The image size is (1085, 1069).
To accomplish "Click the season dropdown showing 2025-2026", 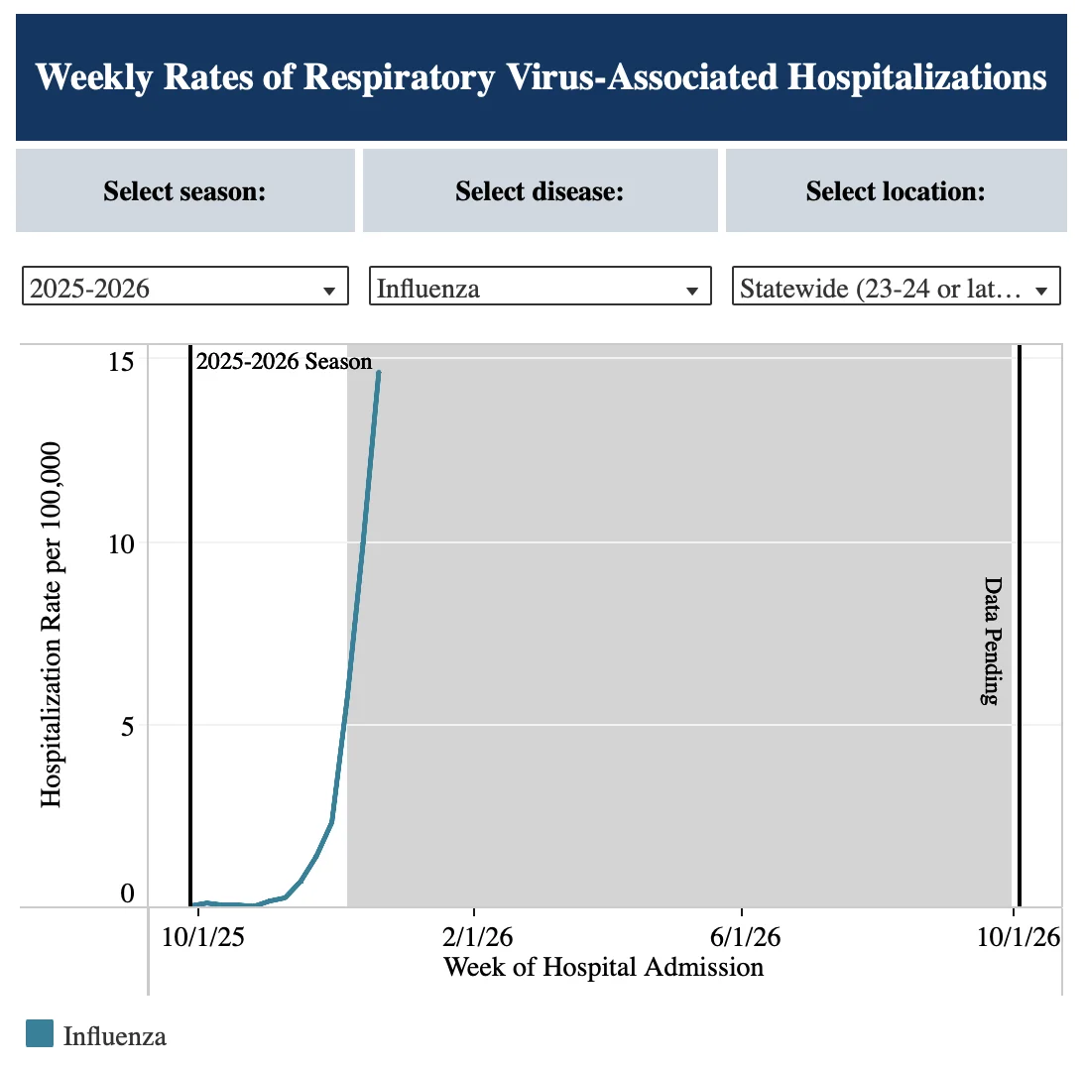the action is click(x=184, y=286).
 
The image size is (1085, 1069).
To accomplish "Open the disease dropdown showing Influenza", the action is click(x=540, y=286).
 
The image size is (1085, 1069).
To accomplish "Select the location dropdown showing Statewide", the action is click(x=897, y=286).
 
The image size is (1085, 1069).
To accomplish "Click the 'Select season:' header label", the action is click(x=184, y=191).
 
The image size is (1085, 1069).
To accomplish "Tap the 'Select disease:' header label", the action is click(x=540, y=191).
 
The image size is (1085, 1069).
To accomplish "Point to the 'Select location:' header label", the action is click(x=896, y=191).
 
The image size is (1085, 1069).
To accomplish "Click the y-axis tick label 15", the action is click(x=121, y=361).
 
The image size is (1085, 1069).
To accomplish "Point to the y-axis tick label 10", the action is click(x=121, y=543).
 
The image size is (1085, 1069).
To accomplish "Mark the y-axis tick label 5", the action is click(x=127, y=727).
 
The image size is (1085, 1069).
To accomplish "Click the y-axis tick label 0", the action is click(x=127, y=892).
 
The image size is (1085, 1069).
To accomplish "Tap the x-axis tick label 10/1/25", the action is click(x=202, y=937).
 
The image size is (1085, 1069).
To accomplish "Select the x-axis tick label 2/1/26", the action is click(x=477, y=937).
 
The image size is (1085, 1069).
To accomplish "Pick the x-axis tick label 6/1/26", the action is click(x=745, y=937).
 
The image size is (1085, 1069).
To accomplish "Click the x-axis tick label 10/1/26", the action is click(x=1019, y=937).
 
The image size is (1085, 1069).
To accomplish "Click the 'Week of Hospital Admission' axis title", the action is click(x=603, y=967).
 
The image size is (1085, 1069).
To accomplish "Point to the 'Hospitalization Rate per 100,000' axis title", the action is click(x=51, y=625).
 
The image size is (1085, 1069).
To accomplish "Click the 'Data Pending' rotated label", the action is click(x=992, y=641).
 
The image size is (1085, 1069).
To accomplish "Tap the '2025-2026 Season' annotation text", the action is click(x=284, y=361).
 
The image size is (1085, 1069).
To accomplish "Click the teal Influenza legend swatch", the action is click(x=40, y=1033).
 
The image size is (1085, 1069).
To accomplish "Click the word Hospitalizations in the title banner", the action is click(x=916, y=76).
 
